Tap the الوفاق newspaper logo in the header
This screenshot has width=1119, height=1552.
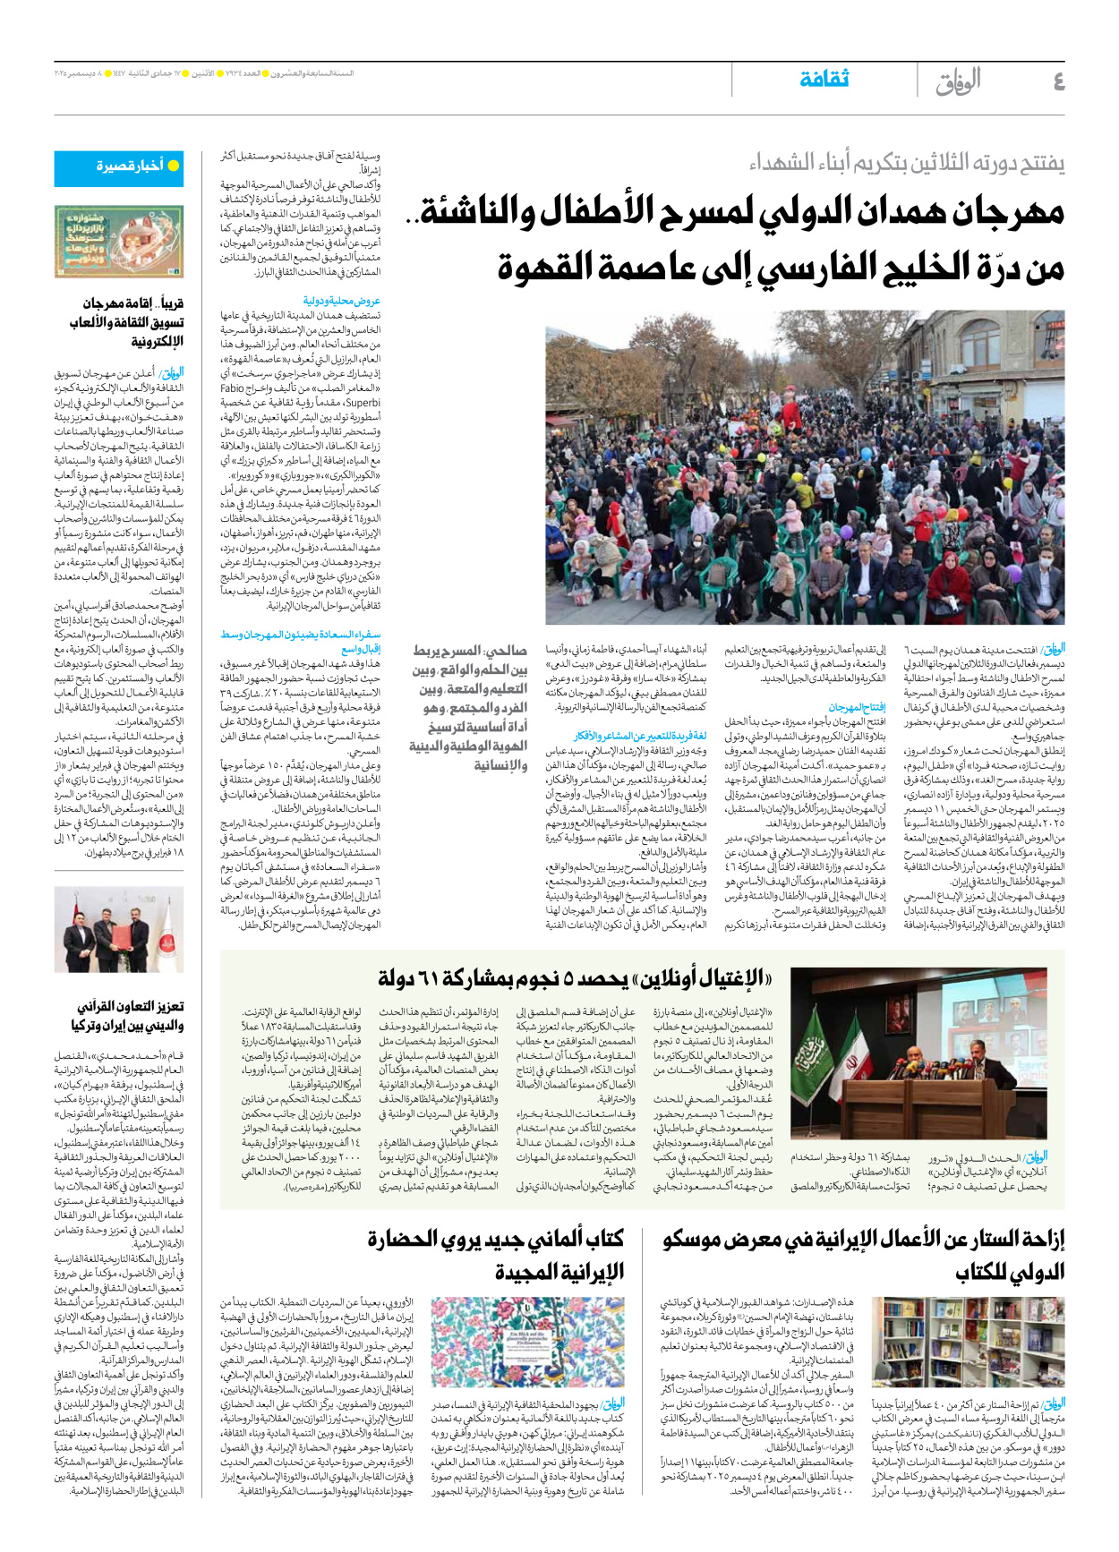pos(958,81)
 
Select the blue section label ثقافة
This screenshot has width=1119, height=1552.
pos(824,80)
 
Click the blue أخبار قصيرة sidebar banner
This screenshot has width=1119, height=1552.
pos(131,166)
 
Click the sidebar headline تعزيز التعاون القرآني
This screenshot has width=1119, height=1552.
pos(131,1016)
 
